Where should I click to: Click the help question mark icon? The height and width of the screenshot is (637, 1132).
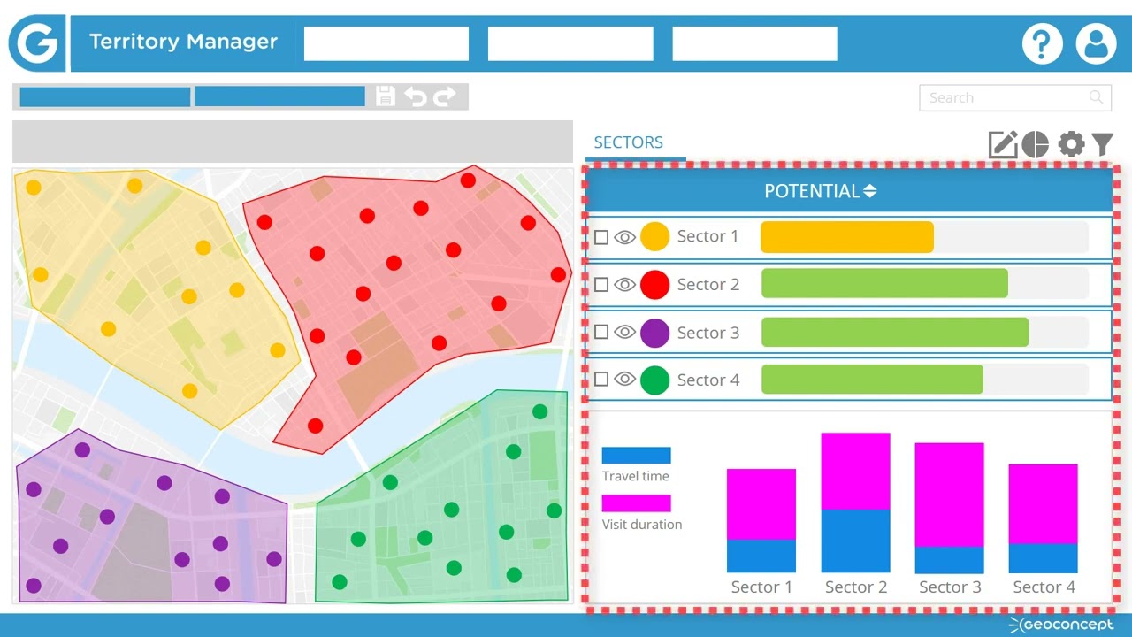click(x=1043, y=43)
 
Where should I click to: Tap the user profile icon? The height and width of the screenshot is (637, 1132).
click(x=1096, y=43)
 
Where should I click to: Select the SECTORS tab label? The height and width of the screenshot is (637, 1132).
click(x=628, y=142)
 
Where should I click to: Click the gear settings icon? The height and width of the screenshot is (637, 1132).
click(x=1071, y=144)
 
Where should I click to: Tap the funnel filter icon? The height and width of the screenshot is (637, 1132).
click(x=1102, y=144)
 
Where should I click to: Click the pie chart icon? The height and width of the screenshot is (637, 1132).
click(x=1036, y=144)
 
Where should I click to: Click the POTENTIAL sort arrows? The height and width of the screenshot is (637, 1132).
click(x=870, y=191)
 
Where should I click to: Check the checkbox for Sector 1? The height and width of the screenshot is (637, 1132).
click(x=601, y=237)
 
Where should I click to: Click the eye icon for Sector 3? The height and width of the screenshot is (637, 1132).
click(x=624, y=333)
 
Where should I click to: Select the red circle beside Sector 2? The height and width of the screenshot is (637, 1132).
click(x=654, y=285)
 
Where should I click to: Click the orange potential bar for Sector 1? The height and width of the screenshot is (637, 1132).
click(x=846, y=237)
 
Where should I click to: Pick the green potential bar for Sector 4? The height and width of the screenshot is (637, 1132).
click(x=872, y=380)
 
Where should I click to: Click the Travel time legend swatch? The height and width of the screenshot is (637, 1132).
click(x=636, y=455)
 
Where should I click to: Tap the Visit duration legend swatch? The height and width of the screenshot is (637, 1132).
click(x=636, y=503)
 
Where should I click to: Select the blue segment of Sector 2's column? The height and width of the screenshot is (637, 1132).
click(x=855, y=541)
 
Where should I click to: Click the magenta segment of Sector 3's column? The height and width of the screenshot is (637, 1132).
click(x=949, y=494)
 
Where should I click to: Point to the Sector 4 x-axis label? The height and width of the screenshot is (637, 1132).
click(x=1044, y=587)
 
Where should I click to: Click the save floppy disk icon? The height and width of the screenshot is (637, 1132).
click(x=386, y=96)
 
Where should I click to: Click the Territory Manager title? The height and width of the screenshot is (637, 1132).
click(x=183, y=42)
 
